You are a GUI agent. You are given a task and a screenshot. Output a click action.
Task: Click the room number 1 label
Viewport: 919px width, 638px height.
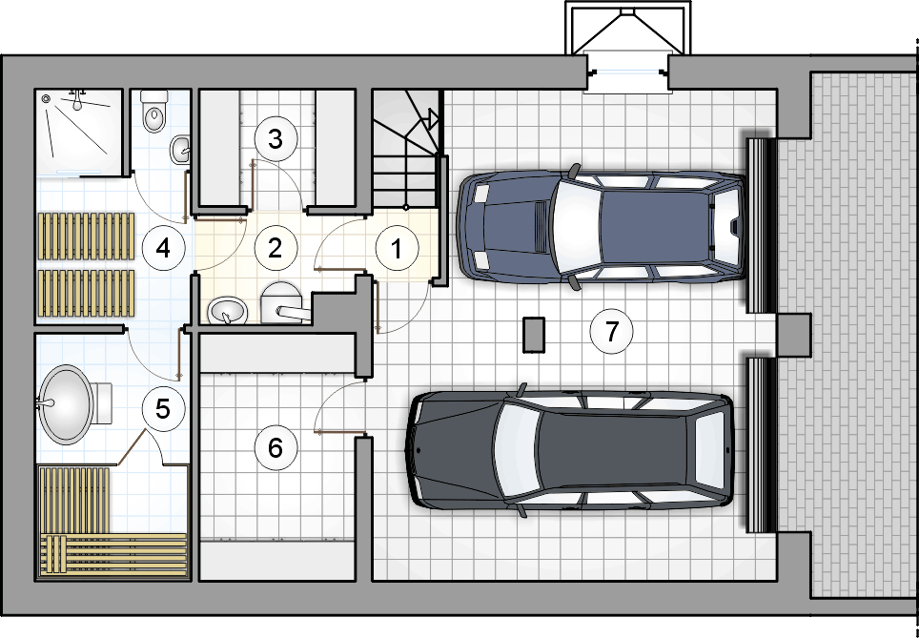point(397,248)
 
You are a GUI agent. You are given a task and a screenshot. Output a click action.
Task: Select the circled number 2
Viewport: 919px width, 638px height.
point(276,248)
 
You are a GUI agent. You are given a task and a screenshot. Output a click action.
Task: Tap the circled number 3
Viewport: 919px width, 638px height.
point(276,139)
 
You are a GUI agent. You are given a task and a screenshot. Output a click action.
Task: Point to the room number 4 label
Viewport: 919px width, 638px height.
point(164,248)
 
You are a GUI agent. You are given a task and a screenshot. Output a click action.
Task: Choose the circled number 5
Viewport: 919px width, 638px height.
point(164,409)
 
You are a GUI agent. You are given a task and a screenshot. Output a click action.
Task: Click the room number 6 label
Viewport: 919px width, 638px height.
point(276,448)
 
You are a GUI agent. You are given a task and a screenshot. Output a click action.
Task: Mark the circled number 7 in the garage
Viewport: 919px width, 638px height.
point(611,332)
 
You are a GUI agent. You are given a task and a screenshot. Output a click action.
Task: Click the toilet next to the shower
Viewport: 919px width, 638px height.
point(154,111)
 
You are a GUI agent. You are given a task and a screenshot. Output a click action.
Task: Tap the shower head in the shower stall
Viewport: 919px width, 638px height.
point(77,100)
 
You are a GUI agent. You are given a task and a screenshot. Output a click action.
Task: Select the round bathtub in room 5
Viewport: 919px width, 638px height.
point(66,404)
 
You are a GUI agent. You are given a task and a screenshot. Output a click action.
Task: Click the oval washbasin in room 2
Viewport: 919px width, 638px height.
point(228,310)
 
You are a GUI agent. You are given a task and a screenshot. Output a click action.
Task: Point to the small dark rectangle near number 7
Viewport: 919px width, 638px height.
point(534,335)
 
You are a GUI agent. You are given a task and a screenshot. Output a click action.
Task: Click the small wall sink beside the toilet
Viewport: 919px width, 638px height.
point(180,150)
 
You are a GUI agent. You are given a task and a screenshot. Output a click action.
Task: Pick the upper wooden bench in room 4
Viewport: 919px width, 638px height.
point(86,236)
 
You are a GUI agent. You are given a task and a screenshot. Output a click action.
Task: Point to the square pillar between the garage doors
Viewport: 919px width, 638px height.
point(794,334)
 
